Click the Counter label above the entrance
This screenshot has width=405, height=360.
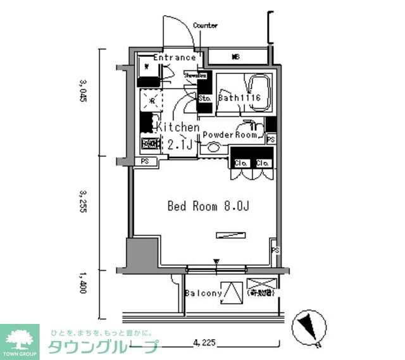[205, 26]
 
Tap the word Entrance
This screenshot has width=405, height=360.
[174, 58]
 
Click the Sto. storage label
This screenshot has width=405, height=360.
[204, 99]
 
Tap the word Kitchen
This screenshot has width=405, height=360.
[178, 127]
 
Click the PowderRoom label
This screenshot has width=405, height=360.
[230, 135]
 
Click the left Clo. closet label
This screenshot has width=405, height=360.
[240, 163]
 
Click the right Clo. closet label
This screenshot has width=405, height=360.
[263, 163]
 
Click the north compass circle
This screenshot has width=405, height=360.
[310, 328]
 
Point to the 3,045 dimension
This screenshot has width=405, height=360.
[82, 93]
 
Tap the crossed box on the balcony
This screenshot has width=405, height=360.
[261, 288]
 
